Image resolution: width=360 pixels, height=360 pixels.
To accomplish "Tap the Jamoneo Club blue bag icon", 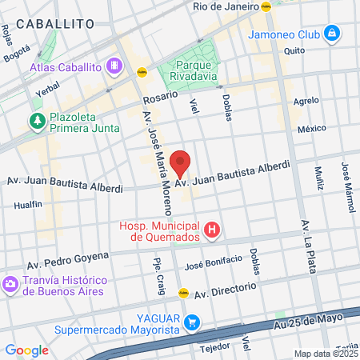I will pyautogui.click(x=332, y=34).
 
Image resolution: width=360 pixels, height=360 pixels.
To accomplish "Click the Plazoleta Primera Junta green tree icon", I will pyautogui.click(x=36, y=121).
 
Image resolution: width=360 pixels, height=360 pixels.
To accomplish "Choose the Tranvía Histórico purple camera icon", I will pyautogui.click(x=10, y=285).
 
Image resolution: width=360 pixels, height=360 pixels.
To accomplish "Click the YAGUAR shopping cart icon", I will pyautogui.click(x=192, y=322).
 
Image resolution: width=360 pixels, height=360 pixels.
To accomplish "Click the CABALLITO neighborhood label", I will pyautogui.click(x=55, y=25).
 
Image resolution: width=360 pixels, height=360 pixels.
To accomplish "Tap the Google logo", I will pyautogui.click(x=27, y=350).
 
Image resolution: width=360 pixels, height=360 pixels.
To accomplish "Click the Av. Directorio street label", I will pyautogui.click(x=226, y=290).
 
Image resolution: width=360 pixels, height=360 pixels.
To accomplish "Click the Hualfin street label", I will pyautogui.click(x=28, y=205).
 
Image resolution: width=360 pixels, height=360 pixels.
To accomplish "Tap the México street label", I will pyautogui.click(x=312, y=128).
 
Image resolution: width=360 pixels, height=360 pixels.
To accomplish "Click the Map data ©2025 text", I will pyautogui.click(x=324, y=354).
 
